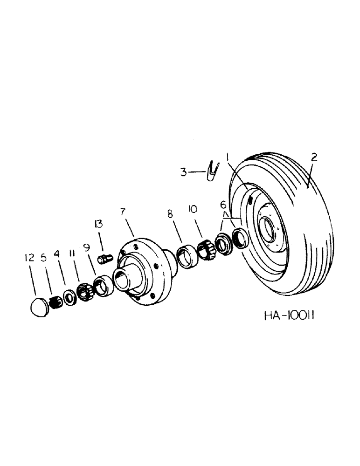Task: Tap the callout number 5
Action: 44,257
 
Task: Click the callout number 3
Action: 184,172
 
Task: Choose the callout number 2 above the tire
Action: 314,158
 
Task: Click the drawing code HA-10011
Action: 290,316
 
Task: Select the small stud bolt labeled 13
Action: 104,258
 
